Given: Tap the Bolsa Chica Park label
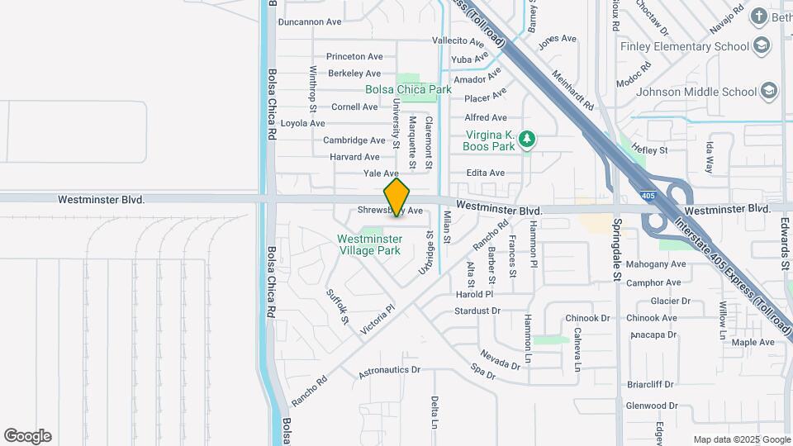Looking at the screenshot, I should click(408, 89).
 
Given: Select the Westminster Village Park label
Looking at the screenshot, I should click(368, 244).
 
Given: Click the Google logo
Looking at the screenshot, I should click(27, 436).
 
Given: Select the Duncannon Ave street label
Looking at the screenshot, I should click(310, 22).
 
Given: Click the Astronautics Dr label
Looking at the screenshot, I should click(390, 371).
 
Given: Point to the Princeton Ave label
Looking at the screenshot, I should click(354, 57).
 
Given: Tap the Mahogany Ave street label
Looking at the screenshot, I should click(656, 265).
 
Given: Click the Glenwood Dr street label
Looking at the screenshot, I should click(651, 406).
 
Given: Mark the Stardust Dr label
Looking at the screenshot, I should click(477, 311).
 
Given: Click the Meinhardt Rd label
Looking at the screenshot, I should click(573, 90).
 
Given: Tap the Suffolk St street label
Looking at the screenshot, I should click(338, 306).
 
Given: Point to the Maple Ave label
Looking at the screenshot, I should click(753, 342).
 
